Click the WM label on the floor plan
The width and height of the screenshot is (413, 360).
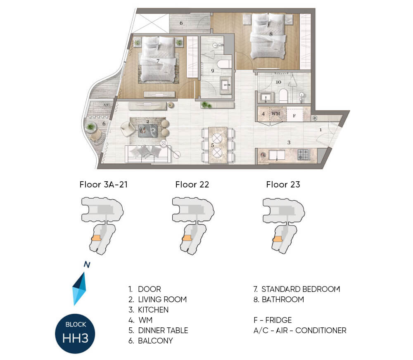coord(275,114)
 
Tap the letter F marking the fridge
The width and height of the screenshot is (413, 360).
coord(294,116)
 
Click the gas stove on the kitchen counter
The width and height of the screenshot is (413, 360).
coord(304,154)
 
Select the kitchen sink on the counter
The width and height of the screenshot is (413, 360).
coord(277,155)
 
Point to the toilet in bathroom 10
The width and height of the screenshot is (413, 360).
coord(283,96)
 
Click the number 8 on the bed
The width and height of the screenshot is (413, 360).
coord(271,34)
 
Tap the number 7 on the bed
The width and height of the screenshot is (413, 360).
coord(158,61)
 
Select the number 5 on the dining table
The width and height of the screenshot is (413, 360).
coord(212,145)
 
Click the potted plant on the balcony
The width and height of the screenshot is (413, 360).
coord(90,127)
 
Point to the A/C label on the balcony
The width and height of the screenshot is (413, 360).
coord(107,105)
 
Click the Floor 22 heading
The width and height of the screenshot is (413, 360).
coord(192,185)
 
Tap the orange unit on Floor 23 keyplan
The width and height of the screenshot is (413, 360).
coord(278,239)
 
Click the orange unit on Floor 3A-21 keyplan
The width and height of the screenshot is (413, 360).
coord(96,238)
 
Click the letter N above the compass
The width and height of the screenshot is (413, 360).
coord(87,264)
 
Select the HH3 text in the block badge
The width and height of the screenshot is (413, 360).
coord(75,338)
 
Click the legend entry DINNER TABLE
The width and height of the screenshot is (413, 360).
coord(163,331)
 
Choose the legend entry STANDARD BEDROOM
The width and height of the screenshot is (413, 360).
coord(301,289)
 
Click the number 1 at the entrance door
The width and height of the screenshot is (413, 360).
coord(320,130)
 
